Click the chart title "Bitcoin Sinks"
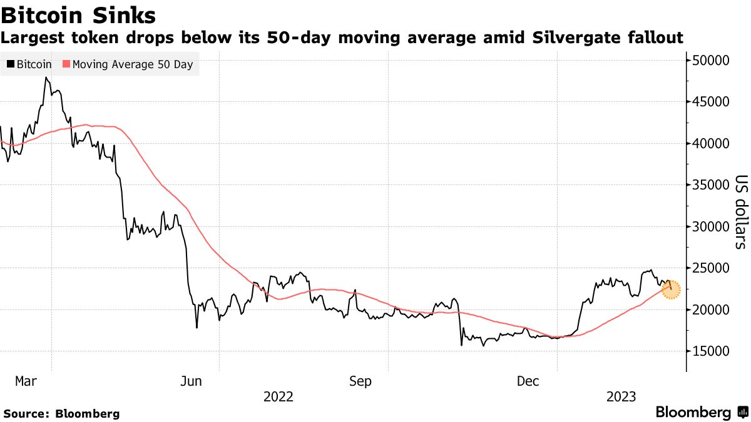coord(79,14)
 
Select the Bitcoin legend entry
coord(29,64)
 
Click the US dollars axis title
coord(740,211)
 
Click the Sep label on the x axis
coord(361,381)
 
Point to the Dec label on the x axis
coord(529,381)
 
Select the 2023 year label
coord(622,397)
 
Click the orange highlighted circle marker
coord(671,289)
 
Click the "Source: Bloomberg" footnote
coord(61,413)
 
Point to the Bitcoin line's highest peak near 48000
coord(46,78)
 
